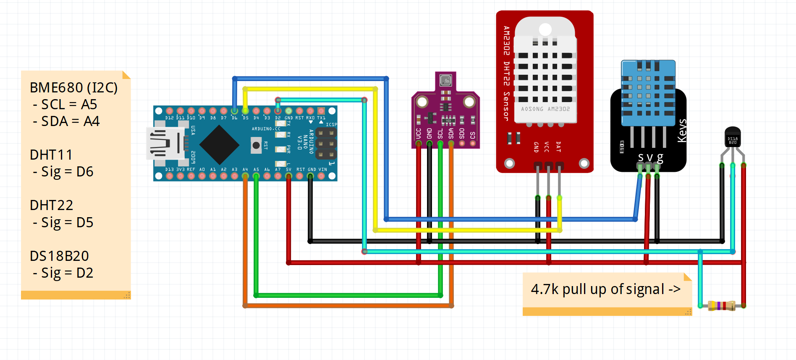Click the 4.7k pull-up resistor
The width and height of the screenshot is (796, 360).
tap(721, 305)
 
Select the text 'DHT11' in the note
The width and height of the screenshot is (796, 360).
tap(51, 155)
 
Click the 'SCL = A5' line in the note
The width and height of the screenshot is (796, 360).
tap(65, 105)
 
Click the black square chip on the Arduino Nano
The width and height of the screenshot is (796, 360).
tap(219, 145)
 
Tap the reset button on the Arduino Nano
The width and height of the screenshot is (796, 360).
tap(256, 145)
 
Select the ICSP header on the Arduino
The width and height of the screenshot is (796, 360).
tap(326, 144)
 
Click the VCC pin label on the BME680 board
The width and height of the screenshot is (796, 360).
tap(419, 134)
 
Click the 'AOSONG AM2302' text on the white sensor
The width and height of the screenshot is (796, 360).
tap(545, 109)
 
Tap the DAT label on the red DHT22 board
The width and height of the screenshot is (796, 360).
tap(558, 147)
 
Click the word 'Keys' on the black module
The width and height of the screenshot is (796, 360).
tap(682, 131)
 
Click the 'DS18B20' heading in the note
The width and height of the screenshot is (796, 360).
tap(59, 256)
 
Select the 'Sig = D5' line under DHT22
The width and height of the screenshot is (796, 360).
tap(63, 223)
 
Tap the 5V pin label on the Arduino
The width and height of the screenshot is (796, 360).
tap(288, 170)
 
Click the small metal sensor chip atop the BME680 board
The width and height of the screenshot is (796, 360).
tap(446, 80)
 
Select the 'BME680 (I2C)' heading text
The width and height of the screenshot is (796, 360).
tap(73, 88)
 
